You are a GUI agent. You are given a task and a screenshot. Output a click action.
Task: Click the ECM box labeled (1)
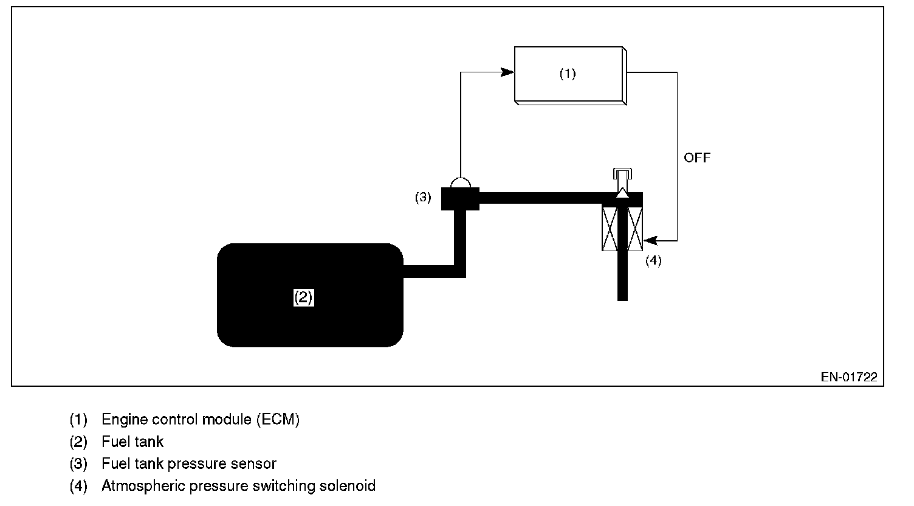(x=568, y=74)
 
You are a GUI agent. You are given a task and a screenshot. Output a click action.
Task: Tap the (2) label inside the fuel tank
(x=303, y=297)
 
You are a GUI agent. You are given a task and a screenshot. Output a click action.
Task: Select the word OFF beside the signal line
(x=696, y=158)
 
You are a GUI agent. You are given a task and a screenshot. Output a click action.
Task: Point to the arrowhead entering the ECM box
(x=508, y=72)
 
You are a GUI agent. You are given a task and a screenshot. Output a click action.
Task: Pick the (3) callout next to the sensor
(x=423, y=197)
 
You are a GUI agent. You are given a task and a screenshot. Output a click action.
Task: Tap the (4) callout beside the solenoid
(x=653, y=260)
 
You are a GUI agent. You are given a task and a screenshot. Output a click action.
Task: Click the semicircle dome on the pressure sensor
(x=460, y=182)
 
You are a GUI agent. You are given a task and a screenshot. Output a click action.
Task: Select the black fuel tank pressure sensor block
(x=460, y=199)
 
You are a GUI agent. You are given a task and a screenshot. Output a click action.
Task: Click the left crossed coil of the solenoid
(x=610, y=228)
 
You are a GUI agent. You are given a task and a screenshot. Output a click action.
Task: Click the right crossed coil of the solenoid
(x=634, y=228)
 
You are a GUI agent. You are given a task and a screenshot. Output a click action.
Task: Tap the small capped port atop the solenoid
(x=622, y=173)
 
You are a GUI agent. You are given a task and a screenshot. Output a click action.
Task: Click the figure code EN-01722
(x=849, y=377)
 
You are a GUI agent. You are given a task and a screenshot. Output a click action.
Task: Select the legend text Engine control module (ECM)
(x=201, y=419)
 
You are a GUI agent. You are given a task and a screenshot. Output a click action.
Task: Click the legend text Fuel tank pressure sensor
(x=189, y=463)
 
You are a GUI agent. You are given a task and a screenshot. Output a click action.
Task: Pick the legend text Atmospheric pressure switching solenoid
(x=238, y=486)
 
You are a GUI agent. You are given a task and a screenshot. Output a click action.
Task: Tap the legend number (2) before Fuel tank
(x=78, y=442)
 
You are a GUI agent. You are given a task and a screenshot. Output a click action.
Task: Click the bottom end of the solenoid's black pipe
(x=622, y=296)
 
